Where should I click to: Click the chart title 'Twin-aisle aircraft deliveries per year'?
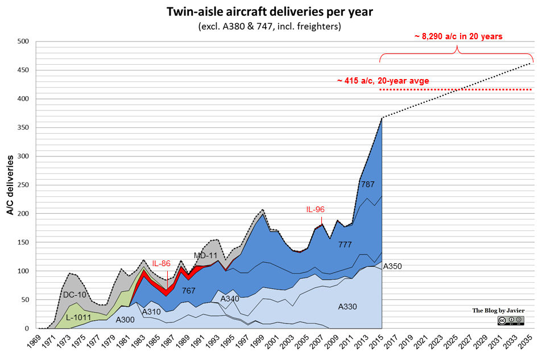point(270,12)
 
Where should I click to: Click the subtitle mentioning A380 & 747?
point(270,27)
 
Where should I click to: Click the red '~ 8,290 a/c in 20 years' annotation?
point(458,36)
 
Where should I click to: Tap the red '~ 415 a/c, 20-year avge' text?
point(383,81)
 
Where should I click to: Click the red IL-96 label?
point(315,209)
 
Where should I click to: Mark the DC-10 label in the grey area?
point(75,295)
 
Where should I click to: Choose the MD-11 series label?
point(206,255)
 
